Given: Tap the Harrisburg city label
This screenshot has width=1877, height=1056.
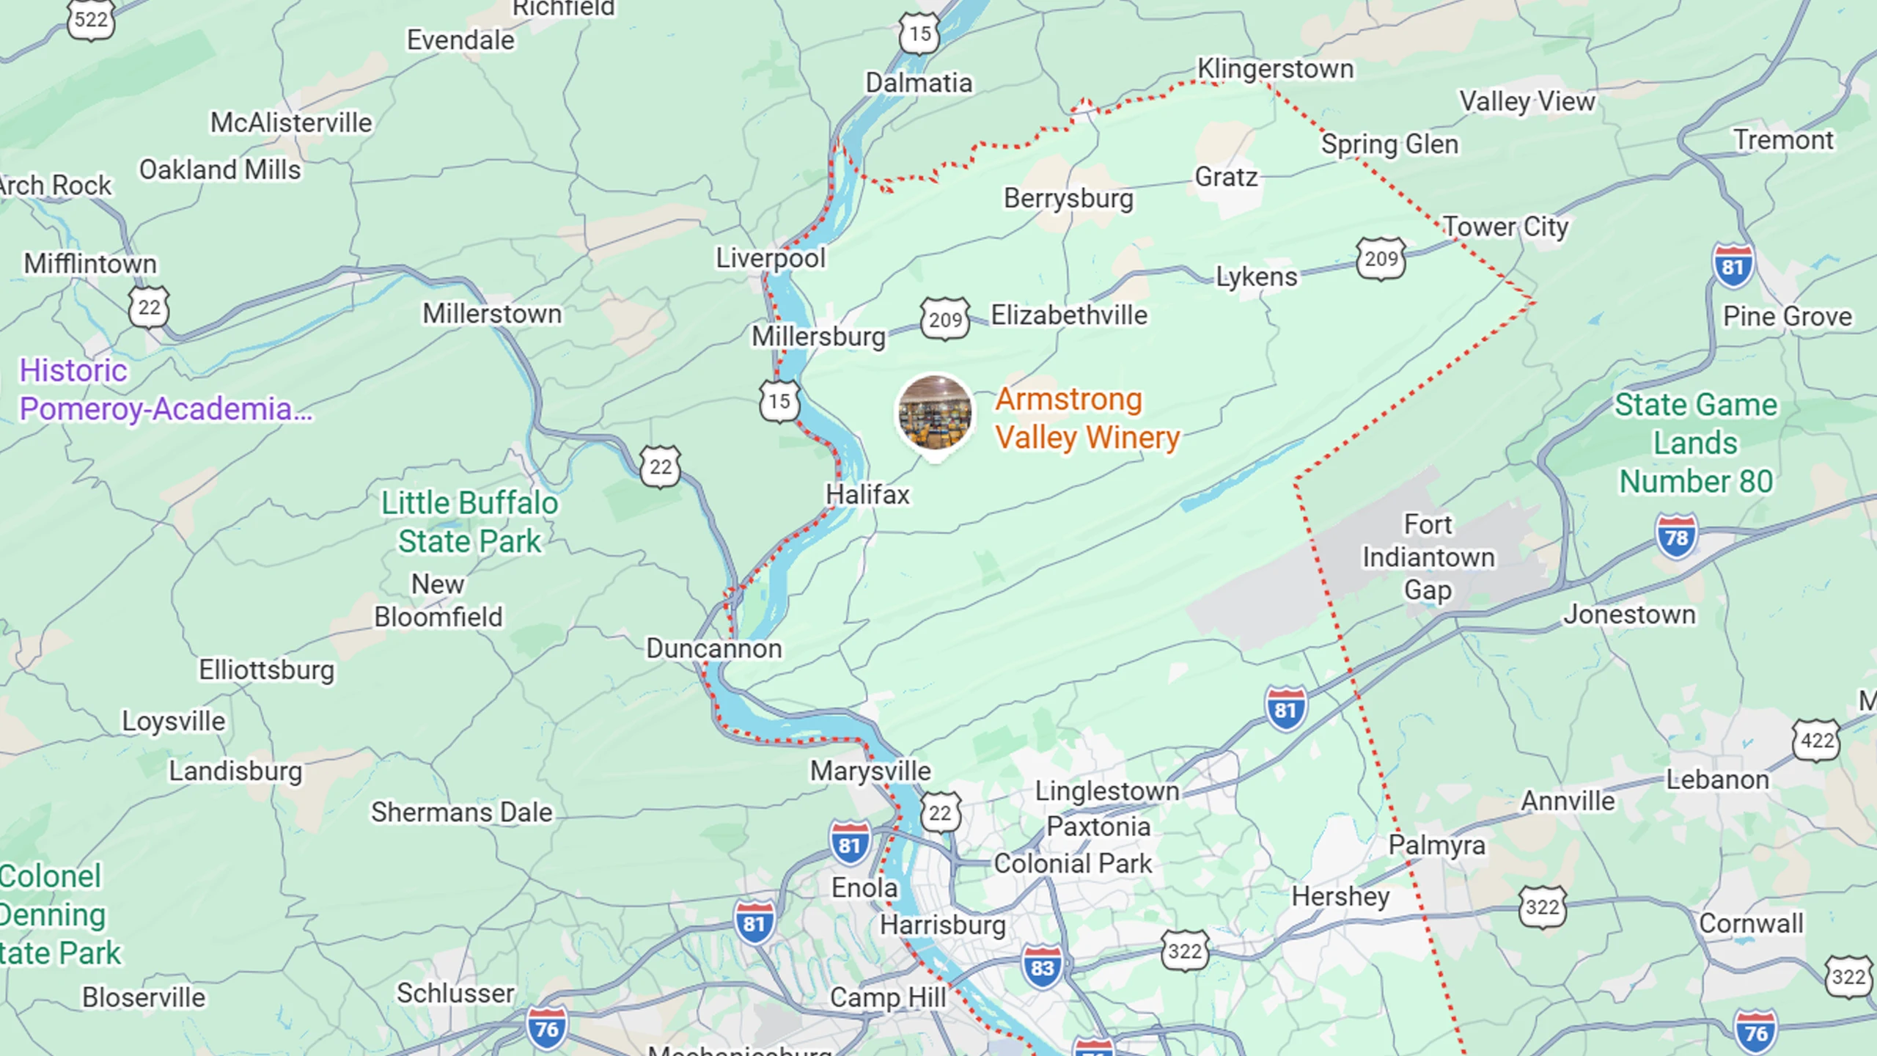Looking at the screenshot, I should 942,925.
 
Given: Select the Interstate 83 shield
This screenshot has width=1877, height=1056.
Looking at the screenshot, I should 1042,967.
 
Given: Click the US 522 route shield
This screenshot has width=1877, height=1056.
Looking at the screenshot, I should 91,19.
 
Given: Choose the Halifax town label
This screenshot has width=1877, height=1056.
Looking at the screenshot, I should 867,495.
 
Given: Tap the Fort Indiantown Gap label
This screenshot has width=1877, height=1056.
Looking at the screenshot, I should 1428,557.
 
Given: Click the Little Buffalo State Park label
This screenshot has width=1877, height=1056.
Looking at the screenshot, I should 469,522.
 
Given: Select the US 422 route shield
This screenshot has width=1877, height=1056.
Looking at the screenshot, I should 1816,741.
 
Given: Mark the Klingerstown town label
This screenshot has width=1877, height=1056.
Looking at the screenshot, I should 1275,69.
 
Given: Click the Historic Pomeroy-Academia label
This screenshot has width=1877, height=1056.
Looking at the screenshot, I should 165,389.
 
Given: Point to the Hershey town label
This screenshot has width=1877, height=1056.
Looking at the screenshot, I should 1340,896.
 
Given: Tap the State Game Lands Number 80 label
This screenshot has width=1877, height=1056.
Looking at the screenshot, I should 1696,443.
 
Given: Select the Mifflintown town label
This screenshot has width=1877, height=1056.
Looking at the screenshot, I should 90,263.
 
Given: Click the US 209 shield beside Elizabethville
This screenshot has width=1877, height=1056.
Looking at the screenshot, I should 945,319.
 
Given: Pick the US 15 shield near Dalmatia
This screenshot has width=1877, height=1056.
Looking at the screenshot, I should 919,34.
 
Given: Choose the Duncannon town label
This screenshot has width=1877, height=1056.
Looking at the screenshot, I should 713,648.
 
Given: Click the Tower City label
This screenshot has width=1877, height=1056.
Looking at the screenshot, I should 1505,227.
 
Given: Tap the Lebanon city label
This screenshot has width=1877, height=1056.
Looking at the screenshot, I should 1717,780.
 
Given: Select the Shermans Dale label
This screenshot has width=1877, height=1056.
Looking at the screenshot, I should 461,813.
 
